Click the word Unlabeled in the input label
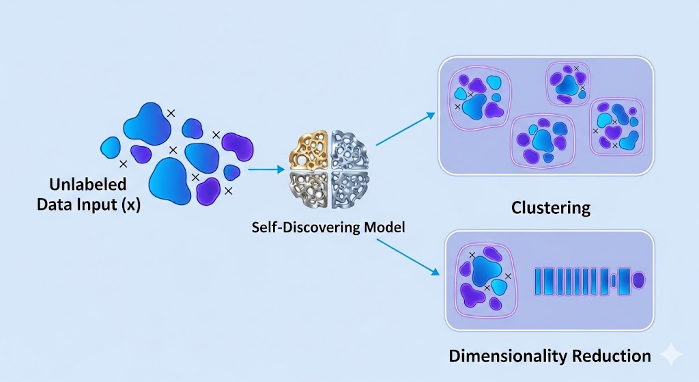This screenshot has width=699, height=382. (87, 184)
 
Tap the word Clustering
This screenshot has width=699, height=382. (550, 207)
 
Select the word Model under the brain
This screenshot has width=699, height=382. (384, 227)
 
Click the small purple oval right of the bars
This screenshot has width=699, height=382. (639, 280)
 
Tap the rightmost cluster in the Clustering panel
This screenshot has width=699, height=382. (616, 125)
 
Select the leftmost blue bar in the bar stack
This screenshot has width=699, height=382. (538, 281)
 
